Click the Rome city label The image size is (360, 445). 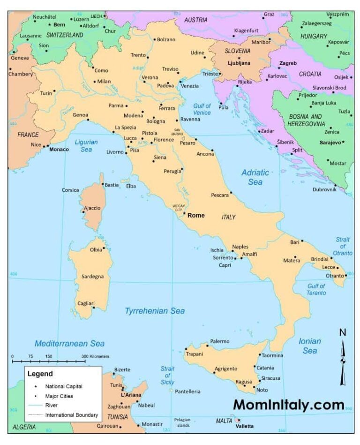[x=196, y=215]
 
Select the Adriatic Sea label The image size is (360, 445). [x=255, y=177]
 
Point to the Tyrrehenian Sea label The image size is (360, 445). [x=154, y=310]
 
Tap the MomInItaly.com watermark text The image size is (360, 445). [x=288, y=405]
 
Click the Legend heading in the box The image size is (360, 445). [x=40, y=374]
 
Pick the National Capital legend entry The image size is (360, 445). [x=64, y=386]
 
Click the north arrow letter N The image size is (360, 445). [x=343, y=332]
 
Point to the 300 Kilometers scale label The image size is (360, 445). [x=96, y=356]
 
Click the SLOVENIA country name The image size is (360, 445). [x=238, y=51]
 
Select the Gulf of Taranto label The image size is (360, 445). [x=316, y=289]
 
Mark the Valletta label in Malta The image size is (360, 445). [x=244, y=426]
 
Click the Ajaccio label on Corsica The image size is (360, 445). [x=92, y=208]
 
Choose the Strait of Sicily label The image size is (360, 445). [x=167, y=376]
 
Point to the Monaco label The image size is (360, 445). [x=59, y=149]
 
